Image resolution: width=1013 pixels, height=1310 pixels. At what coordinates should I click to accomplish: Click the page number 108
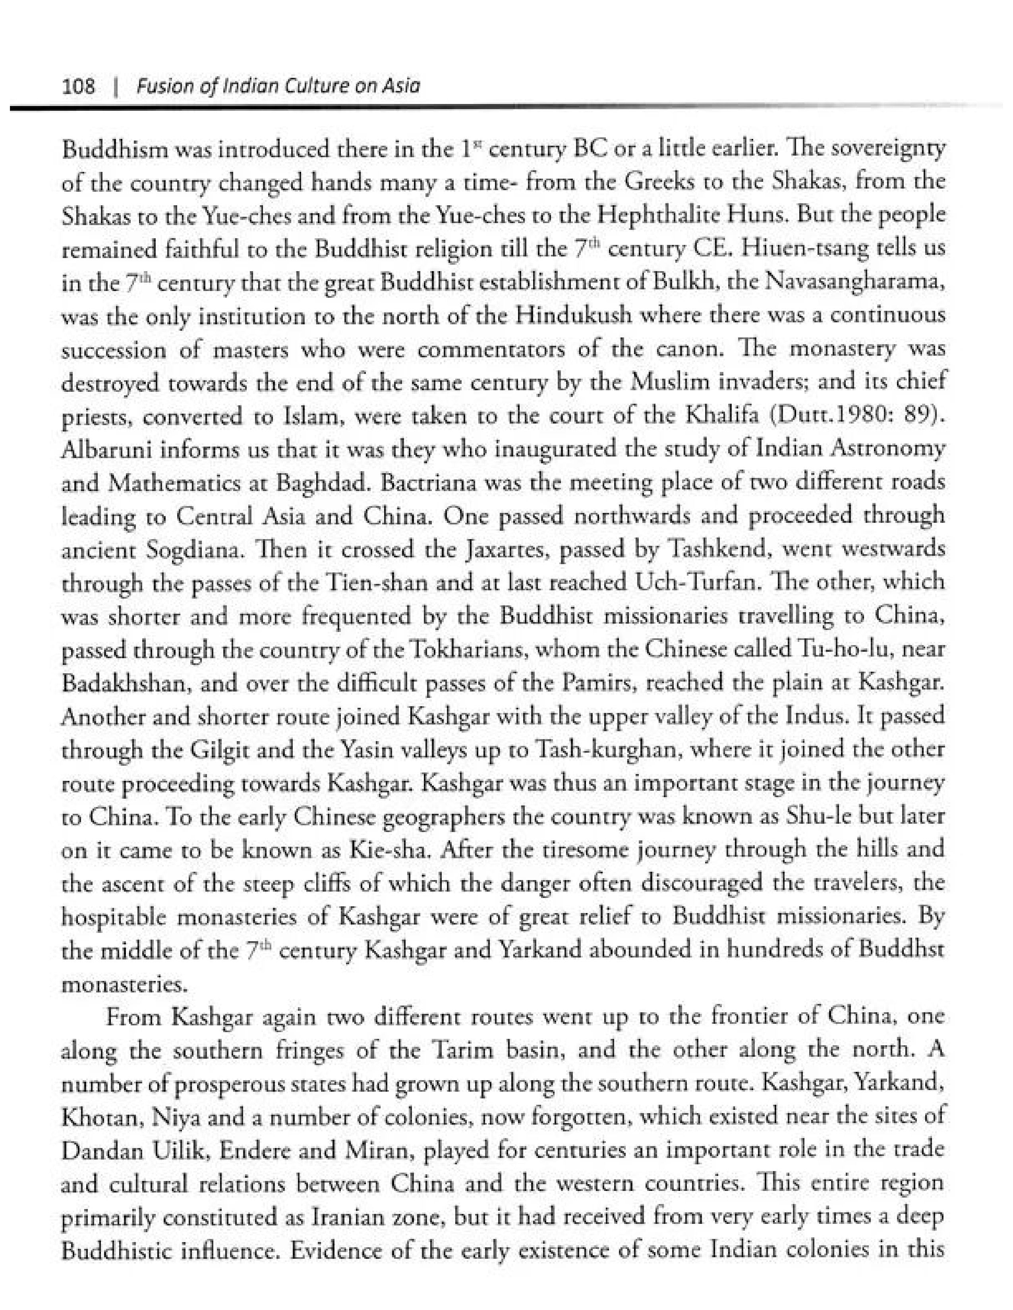coord(79,87)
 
